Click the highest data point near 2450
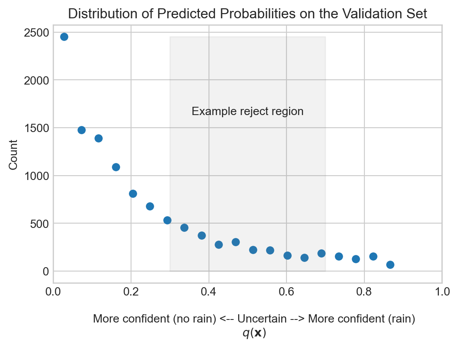point(64,37)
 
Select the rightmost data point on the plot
point(390,265)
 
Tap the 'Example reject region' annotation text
point(247,112)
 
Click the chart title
point(247,14)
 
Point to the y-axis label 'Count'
point(13,154)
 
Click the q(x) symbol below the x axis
point(254,333)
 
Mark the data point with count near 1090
point(116,167)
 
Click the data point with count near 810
point(133,194)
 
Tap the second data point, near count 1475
point(81,130)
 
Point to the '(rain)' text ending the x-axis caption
point(402,319)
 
